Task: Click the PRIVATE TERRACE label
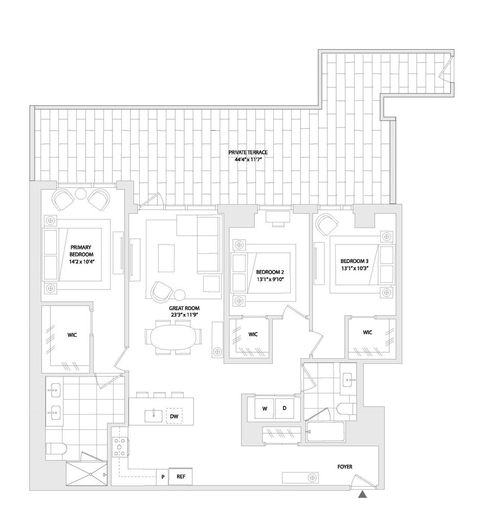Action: [x=248, y=156]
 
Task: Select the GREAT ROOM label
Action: [x=184, y=311]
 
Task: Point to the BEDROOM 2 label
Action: [x=270, y=275]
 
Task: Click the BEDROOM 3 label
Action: [x=356, y=264]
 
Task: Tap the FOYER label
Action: [x=344, y=467]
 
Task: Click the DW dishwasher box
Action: [x=174, y=417]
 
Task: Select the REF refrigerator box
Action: [x=180, y=476]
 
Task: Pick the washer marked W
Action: [x=265, y=408]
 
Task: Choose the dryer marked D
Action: [x=285, y=408]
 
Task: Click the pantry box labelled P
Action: [x=162, y=477]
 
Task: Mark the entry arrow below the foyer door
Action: [x=363, y=494]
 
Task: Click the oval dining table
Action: [x=170, y=338]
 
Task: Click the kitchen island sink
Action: [x=154, y=416]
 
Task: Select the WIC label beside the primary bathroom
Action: [x=72, y=336]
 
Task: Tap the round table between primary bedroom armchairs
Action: [x=81, y=194]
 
